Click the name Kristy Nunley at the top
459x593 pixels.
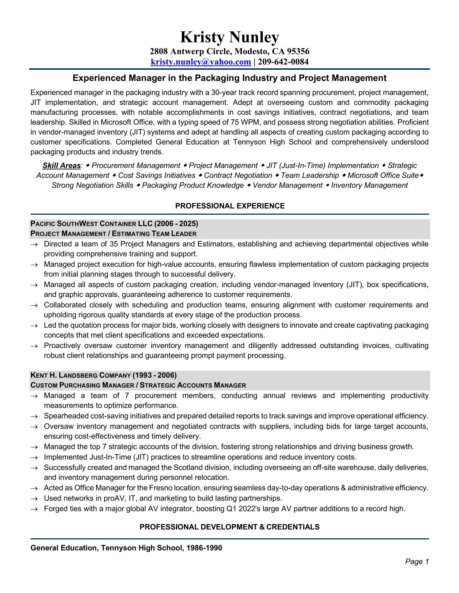(229, 37)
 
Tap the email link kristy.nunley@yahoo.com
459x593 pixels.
(201, 62)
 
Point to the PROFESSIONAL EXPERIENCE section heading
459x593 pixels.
(230, 206)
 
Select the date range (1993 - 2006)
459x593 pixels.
(155, 375)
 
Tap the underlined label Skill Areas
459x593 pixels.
(62, 165)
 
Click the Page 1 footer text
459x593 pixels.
(417, 561)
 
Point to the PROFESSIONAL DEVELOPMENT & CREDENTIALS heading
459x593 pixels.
(229, 527)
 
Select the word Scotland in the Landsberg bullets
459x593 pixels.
(188, 467)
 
